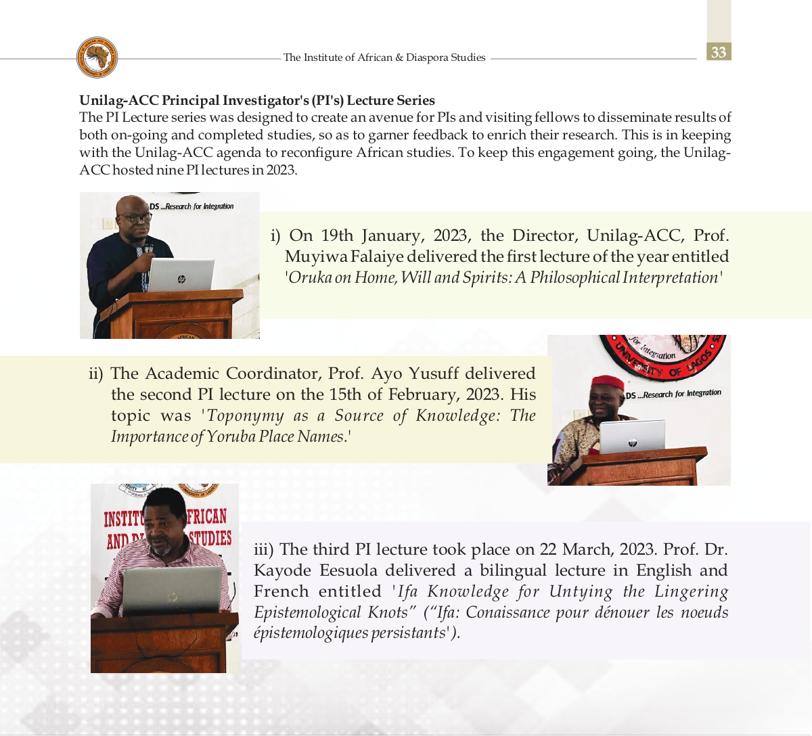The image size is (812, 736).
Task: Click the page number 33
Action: tap(719, 52)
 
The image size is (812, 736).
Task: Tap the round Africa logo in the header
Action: tap(97, 57)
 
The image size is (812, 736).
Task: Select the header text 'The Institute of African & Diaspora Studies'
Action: tap(384, 57)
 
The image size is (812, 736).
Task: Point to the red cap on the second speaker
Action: tap(607, 383)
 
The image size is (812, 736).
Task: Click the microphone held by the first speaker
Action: tap(148, 250)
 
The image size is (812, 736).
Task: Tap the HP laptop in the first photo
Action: tap(181, 275)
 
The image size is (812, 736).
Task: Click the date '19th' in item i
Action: tap(337, 235)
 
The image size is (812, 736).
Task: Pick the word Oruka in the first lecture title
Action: tap(309, 278)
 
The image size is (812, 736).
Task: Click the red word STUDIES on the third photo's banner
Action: tap(210, 538)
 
